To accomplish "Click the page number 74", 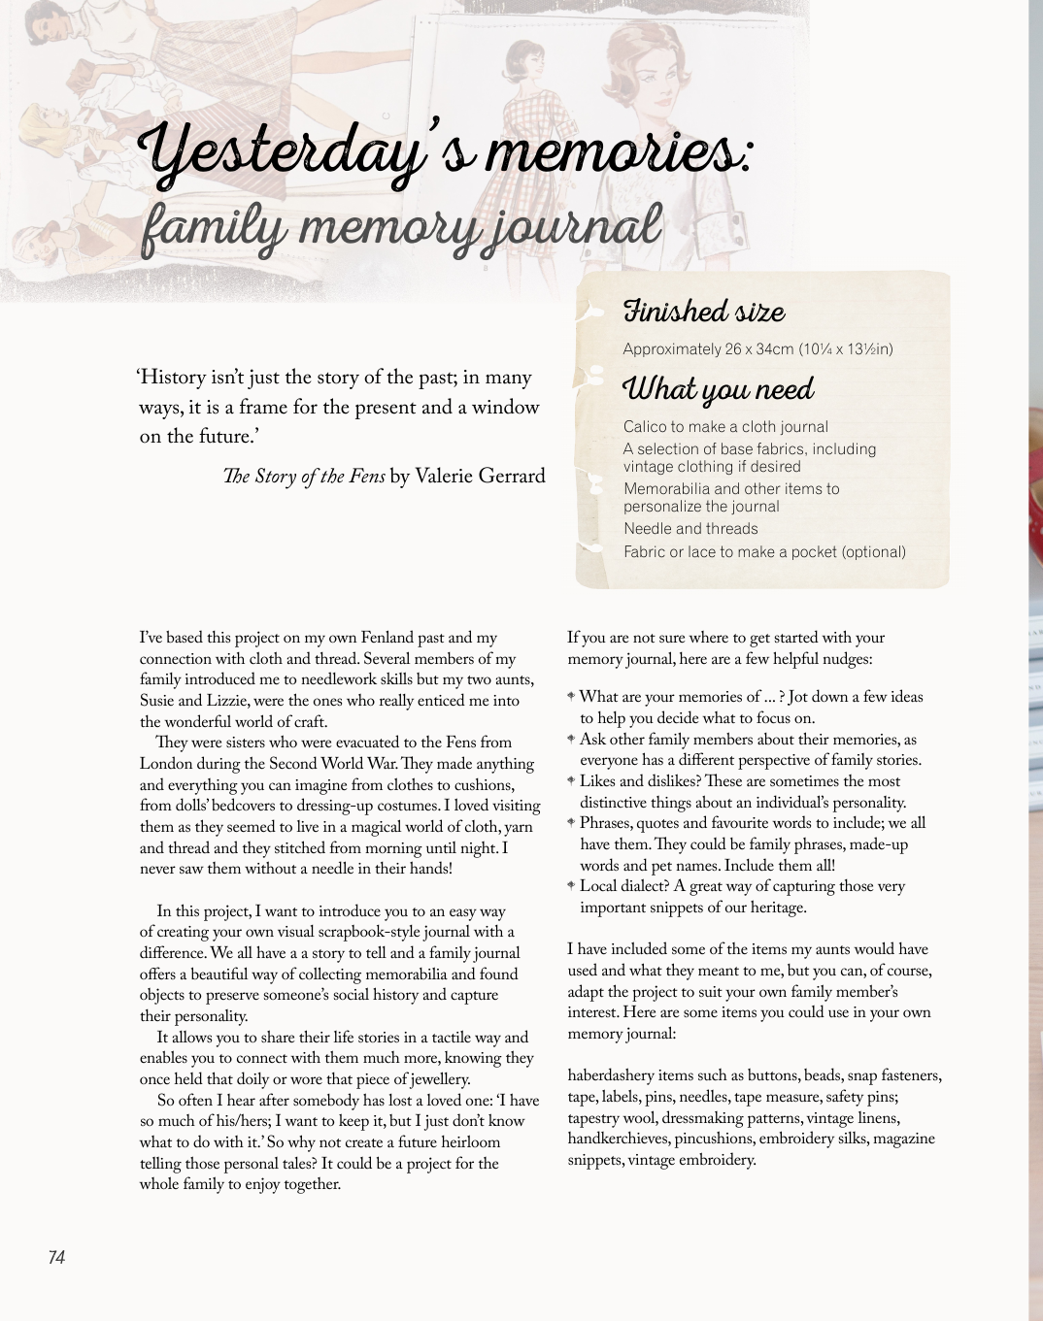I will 56,1257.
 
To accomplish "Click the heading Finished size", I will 704,312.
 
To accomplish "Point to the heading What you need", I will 719,389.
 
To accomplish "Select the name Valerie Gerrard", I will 480,476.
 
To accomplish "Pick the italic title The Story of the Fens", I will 304,477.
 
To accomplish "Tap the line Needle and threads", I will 690,529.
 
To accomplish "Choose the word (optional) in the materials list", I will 873,552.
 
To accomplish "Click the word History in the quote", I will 173,378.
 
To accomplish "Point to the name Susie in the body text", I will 158,701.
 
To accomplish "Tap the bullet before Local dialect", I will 572,886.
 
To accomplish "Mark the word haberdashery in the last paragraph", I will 611,1075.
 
